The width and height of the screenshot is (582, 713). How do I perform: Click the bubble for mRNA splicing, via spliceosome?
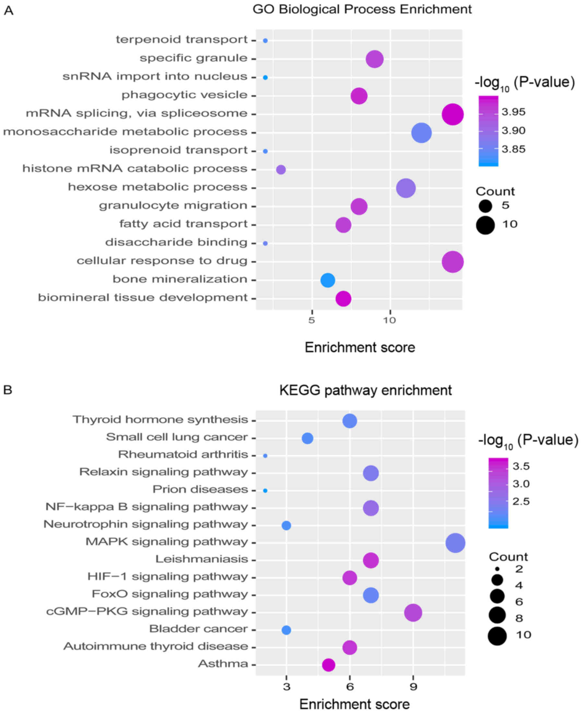[453, 114]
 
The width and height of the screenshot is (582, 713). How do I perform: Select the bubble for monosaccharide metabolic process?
[422, 133]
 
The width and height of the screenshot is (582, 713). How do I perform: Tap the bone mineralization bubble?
[327, 280]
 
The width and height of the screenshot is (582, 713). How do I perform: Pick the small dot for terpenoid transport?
[265, 41]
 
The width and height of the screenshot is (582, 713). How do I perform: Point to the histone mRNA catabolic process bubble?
[281, 170]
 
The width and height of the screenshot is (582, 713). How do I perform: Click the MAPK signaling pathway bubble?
[455, 543]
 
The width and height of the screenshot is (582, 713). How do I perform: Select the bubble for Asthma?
[328, 665]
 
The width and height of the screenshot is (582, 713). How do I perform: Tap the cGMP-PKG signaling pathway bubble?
[413, 613]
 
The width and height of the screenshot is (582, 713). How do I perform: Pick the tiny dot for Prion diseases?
[265, 491]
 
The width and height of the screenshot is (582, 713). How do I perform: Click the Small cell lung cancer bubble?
[307, 438]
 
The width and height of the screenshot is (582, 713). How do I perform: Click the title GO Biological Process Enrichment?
[362, 9]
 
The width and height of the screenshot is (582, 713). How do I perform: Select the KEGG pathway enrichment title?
[365, 390]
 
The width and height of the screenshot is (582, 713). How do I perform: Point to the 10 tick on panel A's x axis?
[389, 320]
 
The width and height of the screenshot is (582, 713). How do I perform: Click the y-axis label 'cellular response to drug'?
[162, 261]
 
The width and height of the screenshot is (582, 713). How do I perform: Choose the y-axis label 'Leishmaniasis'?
[201, 559]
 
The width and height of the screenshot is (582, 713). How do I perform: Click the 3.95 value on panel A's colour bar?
[513, 112]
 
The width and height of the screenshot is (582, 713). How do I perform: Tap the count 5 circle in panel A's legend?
[485, 206]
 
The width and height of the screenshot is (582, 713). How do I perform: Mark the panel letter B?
[8, 390]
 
